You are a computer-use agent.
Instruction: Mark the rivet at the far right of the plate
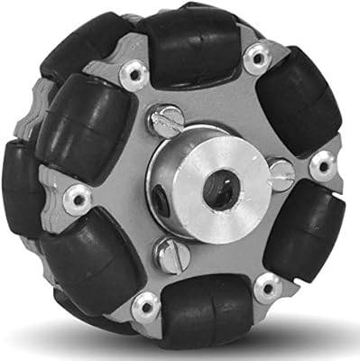[321, 165]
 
